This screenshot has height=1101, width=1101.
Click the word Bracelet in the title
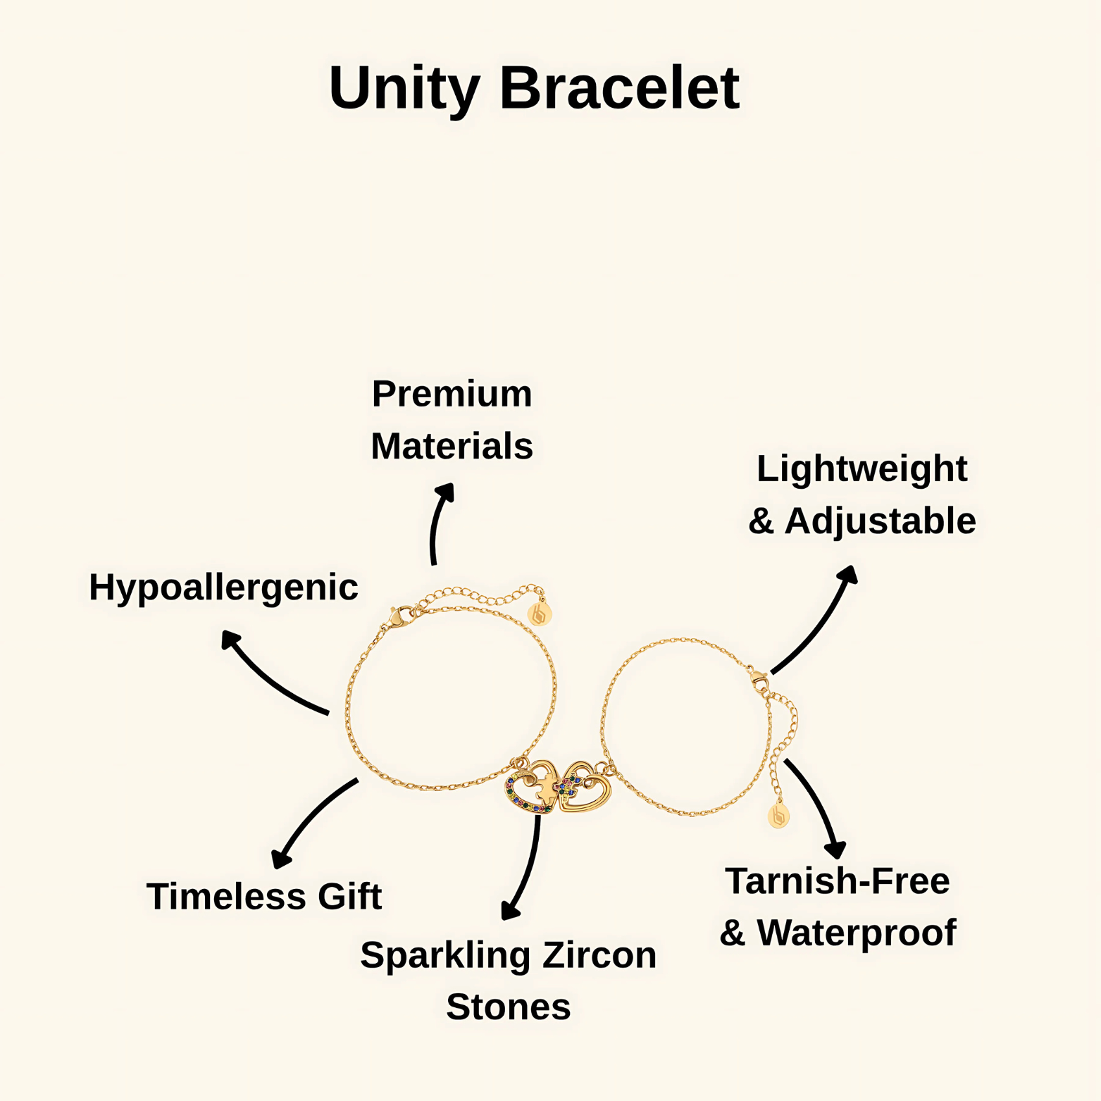tap(619, 87)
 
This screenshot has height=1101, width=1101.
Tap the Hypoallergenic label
tap(223, 587)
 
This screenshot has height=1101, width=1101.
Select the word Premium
tap(452, 393)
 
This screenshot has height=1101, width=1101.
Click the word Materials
tap(452, 446)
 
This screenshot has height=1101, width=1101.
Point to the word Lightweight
tap(861, 468)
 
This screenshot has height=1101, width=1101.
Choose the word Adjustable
tap(880, 521)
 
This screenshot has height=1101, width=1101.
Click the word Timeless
tap(226, 896)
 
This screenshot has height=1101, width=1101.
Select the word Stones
tap(508, 1007)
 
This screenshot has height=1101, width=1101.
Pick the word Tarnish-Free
tap(837, 881)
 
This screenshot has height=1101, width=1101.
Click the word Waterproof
tap(856, 933)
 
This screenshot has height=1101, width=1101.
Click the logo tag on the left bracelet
tap(540, 614)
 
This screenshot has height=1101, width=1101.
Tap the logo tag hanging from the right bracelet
tap(778, 816)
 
